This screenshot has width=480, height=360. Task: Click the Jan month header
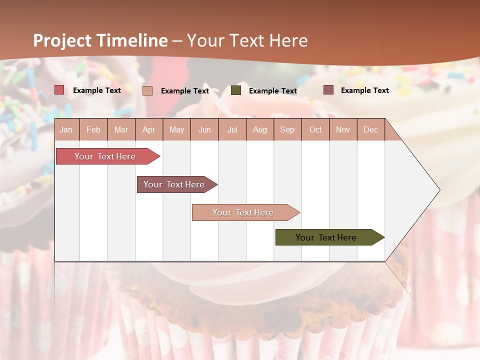(x=66, y=129)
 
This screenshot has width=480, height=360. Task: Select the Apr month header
(x=148, y=129)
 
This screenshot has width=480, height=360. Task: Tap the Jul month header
(x=232, y=129)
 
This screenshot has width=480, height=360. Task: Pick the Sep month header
(x=287, y=129)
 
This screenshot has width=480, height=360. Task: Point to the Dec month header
(x=370, y=129)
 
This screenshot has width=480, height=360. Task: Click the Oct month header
(x=315, y=129)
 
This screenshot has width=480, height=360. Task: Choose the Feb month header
(x=93, y=129)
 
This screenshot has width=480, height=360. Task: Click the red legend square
(x=59, y=90)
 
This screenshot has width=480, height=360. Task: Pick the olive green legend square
(x=236, y=90)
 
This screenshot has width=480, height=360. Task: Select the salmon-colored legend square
(x=147, y=90)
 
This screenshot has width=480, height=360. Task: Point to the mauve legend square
(x=328, y=90)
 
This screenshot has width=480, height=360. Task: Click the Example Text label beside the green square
(x=272, y=91)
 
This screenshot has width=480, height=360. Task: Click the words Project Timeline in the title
(x=100, y=40)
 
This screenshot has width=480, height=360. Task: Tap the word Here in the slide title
(x=288, y=40)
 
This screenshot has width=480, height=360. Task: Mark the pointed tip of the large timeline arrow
(x=439, y=190)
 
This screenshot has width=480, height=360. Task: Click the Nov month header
(x=343, y=129)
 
